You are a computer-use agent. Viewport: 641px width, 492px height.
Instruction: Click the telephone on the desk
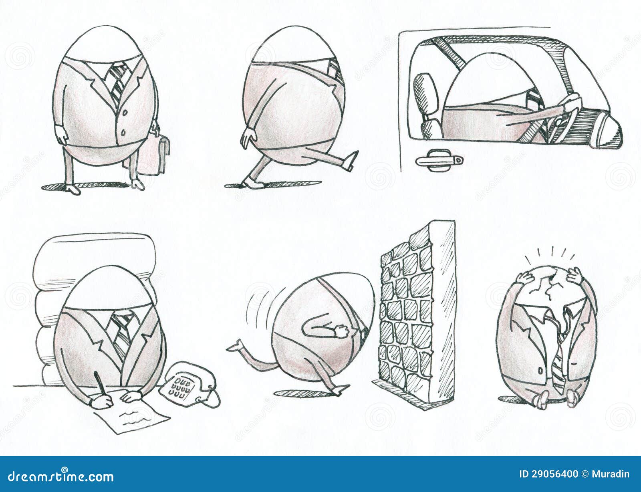[x=188, y=385]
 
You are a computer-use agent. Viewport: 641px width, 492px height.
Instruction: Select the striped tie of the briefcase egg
[x=117, y=82]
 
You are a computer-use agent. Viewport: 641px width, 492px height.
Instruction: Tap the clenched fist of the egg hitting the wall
[x=341, y=332]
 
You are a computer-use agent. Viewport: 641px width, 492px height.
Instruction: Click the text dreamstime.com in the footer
[x=60, y=476]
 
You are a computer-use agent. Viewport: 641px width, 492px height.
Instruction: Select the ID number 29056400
[x=548, y=474]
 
